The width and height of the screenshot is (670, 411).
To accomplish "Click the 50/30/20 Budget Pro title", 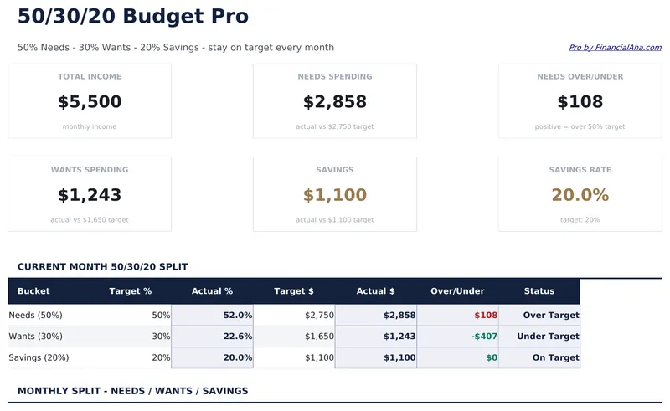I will click(132, 16).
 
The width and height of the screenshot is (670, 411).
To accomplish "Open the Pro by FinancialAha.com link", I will click(615, 48).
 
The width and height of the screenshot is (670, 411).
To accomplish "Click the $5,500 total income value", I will click(90, 102).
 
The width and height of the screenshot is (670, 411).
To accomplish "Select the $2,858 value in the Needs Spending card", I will click(335, 102).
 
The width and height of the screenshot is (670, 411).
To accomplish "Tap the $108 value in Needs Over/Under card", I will click(580, 102).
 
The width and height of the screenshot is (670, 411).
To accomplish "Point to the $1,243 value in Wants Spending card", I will click(90, 195).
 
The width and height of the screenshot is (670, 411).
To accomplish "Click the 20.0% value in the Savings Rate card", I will click(580, 195).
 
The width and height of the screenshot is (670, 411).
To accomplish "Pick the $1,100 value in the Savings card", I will click(335, 195).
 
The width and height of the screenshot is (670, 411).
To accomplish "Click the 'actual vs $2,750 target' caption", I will click(335, 127).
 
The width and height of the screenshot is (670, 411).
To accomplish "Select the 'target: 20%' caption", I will click(580, 220).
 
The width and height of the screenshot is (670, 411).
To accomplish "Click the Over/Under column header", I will click(457, 291).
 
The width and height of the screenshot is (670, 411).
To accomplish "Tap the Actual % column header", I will click(212, 291).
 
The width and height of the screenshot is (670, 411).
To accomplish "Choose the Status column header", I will click(539, 291).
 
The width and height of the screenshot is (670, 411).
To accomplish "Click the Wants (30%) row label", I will click(35, 337).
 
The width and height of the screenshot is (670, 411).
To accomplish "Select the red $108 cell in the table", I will click(486, 316).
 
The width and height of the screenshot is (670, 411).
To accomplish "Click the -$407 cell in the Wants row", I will click(484, 337).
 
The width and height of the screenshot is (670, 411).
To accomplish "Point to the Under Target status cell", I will click(548, 337).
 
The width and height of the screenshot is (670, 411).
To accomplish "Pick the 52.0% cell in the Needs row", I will click(238, 316).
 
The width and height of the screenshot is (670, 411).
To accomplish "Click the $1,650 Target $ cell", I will click(319, 337).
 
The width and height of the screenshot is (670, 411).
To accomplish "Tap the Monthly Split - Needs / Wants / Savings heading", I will click(132, 391).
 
